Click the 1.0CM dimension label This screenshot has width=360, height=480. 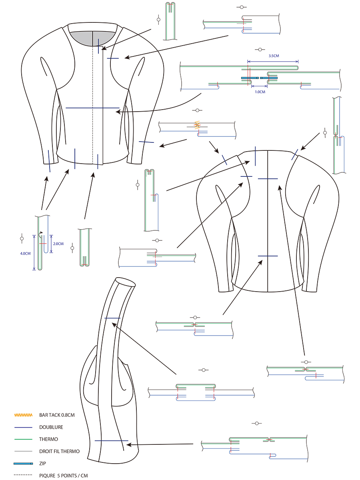pos(260,92)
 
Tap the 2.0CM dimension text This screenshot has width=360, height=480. pos(58,244)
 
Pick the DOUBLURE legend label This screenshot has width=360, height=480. pos(51,427)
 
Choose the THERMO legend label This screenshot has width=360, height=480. pos(48,439)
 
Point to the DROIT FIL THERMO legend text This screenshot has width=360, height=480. pos(59,451)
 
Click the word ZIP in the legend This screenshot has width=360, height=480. pos(43,464)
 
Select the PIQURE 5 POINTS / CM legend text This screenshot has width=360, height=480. pos(63,476)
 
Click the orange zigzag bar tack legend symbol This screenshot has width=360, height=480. pos(23,415)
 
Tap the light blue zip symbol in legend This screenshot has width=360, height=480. pos(23,464)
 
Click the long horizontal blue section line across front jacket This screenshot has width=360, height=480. pos(92,108)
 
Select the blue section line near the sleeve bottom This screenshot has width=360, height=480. pos(111,440)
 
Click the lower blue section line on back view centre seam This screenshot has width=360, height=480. pos(268,256)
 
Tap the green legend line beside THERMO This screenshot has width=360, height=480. pos(23,439)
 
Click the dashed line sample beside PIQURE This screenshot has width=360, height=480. pos(23,476)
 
